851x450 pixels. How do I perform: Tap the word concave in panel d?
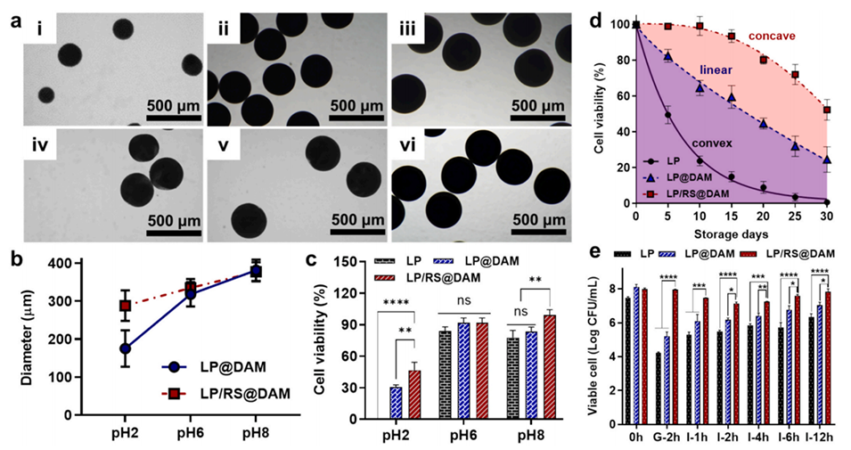[x=773, y=35]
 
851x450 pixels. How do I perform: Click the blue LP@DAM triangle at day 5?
[x=667, y=57]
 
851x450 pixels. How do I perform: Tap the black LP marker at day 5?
[x=667, y=115]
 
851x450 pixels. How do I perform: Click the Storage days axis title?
[x=732, y=235]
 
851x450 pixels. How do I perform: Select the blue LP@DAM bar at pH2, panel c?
[x=395, y=403]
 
